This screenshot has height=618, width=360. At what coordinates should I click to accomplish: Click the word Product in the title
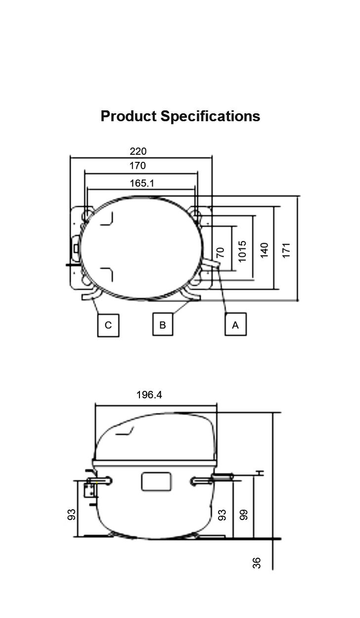point(129,116)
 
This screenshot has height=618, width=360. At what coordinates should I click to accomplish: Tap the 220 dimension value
point(138,151)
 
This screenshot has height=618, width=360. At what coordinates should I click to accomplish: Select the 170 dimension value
point(138,166)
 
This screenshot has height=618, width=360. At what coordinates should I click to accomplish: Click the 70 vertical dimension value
point(221,252)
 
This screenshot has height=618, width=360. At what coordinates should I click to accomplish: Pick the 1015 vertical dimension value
point(242,251)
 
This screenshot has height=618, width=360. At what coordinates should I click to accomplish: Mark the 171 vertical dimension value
point(286,249)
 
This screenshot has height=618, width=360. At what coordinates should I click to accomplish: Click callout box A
point(235,325)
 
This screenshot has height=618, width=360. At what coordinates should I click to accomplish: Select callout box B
point(163,325)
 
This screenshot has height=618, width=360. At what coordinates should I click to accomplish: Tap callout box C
point(108,325)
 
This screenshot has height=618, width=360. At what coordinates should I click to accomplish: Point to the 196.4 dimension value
point(149,395)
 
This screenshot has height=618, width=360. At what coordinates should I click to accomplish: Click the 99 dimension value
point(243,515)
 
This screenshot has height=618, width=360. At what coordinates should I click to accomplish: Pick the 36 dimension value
point(257,563)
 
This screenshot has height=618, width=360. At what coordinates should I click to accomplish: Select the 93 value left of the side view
point(72,515)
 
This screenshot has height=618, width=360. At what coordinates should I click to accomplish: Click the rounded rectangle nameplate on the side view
point(156,481)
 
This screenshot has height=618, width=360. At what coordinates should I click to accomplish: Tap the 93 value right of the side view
point(222,515)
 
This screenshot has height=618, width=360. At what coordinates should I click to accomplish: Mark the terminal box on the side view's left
point(90,490)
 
